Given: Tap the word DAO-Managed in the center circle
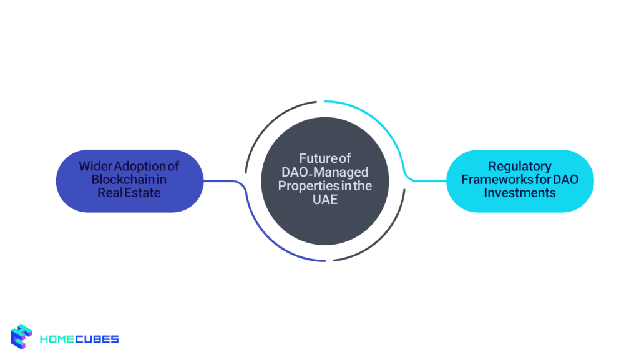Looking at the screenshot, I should coord(324,172).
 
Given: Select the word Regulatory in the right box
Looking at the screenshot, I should coord(519,167).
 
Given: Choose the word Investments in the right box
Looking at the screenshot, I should coord(519,193).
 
